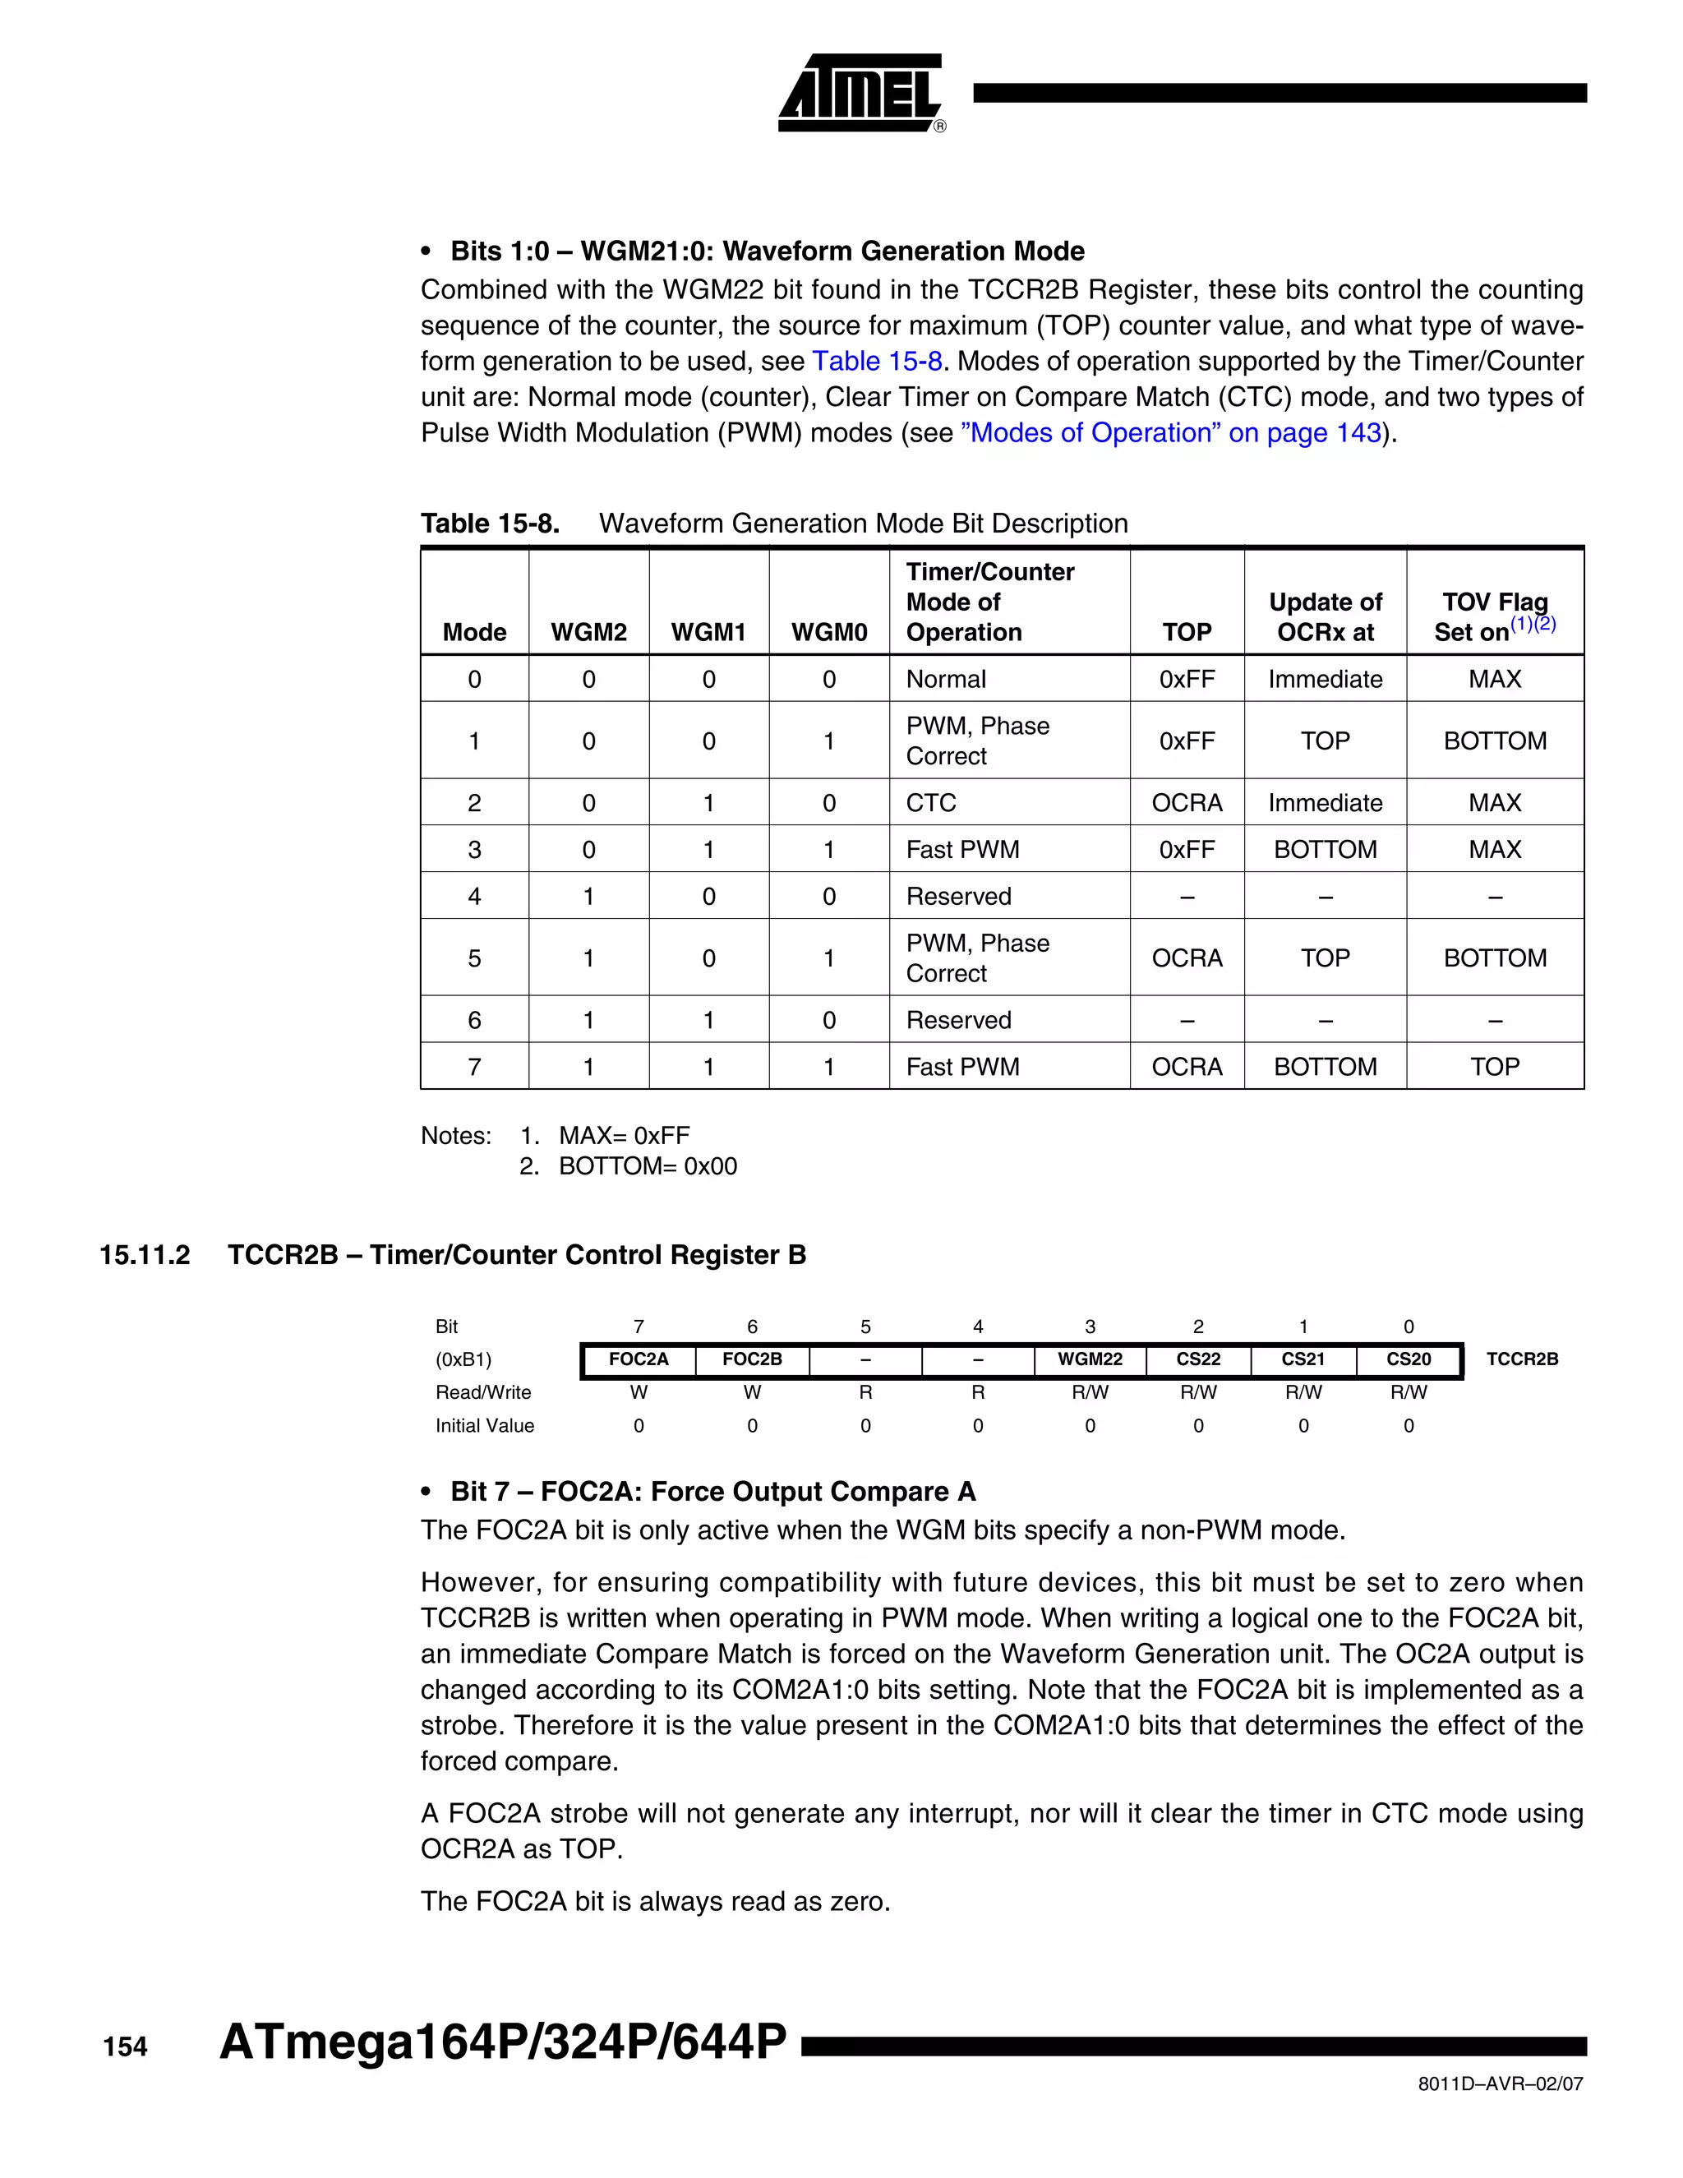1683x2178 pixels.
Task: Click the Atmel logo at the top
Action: tap(860, 93)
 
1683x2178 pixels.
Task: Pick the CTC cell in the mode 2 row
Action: tap(931, 803)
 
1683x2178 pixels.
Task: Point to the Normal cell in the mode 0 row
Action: tap(945, 679)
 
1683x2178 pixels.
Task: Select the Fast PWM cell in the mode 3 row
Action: tap(962, 850)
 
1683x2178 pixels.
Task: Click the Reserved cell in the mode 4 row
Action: tap(958, 897)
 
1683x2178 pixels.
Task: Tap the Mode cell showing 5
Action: tap(475, 958)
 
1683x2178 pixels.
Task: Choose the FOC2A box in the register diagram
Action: tap(638, 1359)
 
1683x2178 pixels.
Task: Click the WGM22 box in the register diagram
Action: tap(1090, 1359)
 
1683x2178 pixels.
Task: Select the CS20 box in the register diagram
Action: tap(1408, 1359)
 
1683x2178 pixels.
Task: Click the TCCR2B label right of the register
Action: tap(1521, 1359)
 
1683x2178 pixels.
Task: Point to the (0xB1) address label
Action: tap(463, 1359)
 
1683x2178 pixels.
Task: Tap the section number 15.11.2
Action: tap(145, 1254)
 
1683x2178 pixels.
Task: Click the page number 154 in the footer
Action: tap(125, 2047)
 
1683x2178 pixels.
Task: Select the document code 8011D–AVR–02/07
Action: tap(1500, 2083)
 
